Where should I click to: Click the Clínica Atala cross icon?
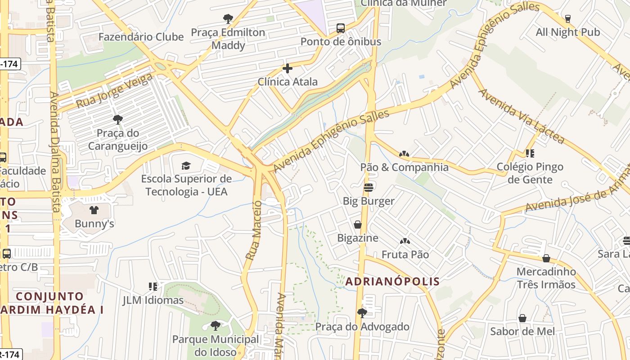tap(288, 68)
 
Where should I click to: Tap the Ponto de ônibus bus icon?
tap(341, 28)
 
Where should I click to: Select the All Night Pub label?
tap(567, 32)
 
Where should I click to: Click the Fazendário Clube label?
tap(141, 37)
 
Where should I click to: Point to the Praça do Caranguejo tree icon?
tap(118, 120)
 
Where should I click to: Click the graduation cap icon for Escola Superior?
tap(186, 166)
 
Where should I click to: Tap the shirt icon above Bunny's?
tap(94, 210)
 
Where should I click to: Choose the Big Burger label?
tap(369, 201)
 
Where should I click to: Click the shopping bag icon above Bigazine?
tap(358, 224)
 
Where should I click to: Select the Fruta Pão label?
tap(405, 255)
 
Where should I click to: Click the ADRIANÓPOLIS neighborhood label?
tap(392, 282)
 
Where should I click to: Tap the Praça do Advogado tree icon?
tap(362, 313)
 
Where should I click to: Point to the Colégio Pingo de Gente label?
tap(530, 173)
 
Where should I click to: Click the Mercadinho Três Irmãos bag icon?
tap(546, 258)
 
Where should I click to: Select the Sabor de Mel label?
tap(522, 332)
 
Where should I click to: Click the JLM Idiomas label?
tap(153, 300)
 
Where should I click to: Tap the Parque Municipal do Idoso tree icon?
tap(216, 325)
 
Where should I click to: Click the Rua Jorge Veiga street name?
tap(114, 91)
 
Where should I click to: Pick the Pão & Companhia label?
tap(404, 167)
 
